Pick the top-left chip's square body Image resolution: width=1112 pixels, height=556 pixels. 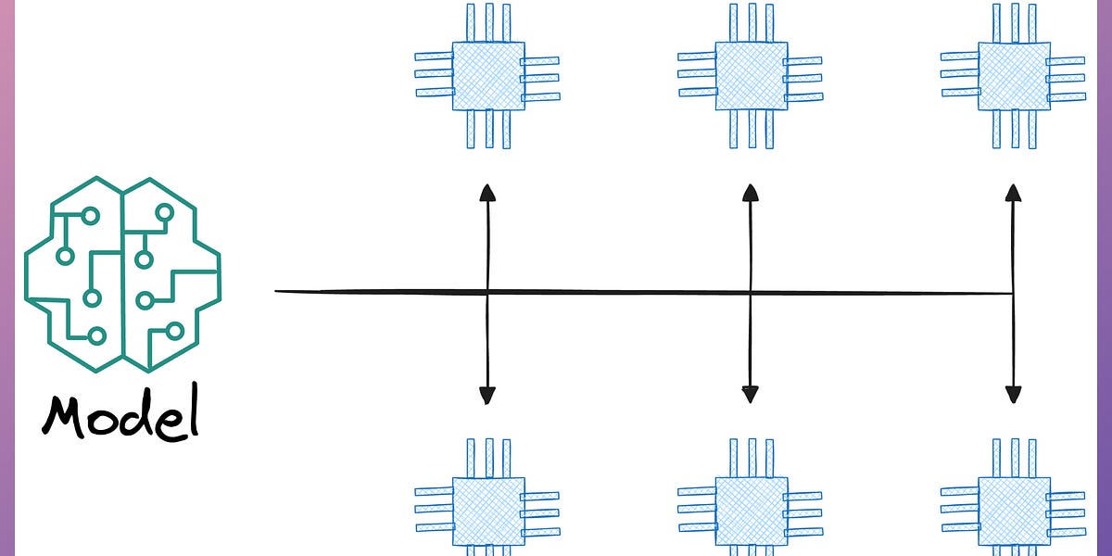(488, 76)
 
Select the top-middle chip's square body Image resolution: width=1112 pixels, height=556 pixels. (751, 76)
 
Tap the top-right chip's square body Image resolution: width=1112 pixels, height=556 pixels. (1014, 76)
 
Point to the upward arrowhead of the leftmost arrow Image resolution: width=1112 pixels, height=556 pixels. (486, 192)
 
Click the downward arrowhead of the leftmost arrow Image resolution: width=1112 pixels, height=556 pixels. (486, 396)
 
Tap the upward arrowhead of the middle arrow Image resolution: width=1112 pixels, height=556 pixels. (751, 192)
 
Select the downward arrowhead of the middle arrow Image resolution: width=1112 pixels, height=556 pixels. (751, 396)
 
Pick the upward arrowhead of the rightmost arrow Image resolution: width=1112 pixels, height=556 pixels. (1013, 192)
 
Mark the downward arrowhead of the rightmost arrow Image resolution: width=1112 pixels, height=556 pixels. (1013, 396)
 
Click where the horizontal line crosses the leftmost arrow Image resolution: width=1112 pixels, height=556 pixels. (487, 293)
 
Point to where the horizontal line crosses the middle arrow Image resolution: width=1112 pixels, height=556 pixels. (751, 294)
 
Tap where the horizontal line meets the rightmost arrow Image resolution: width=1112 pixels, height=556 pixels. (1013, 294)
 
